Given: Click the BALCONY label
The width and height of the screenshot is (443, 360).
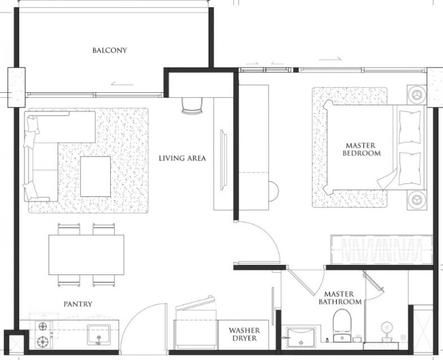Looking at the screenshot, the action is coord(110,50).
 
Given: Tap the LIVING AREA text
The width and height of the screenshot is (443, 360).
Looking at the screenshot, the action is coord(182,158).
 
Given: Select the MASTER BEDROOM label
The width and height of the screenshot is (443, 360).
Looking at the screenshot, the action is coord(361,149).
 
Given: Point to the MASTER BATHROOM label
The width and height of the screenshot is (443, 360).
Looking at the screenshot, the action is coord(340,298).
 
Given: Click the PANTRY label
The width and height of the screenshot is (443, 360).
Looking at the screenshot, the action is coord(78,304).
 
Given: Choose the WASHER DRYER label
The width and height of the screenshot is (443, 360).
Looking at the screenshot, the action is coord(245,334).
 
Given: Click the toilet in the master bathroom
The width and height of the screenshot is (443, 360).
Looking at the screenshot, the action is coord(342,325).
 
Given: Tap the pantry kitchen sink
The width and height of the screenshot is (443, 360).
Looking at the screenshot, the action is coord(98,335).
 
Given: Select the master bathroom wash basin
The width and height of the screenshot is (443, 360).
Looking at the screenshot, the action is coord(301,337).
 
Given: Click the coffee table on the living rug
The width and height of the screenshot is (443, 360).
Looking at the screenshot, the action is coord(96,177).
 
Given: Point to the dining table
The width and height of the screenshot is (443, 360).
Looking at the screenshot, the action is coord(86,255).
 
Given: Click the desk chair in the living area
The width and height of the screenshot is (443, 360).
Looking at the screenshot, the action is coord(192,105).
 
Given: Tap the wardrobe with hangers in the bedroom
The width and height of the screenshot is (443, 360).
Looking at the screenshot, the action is coord(381,250).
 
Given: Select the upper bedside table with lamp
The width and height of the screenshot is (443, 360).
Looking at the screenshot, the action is coord(417,94).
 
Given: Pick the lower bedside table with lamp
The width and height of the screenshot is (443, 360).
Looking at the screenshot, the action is coord(417,200).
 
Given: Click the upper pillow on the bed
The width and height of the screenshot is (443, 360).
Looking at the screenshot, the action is coord(409,127).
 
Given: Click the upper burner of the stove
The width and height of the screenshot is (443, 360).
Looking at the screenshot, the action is coord(43,327).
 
